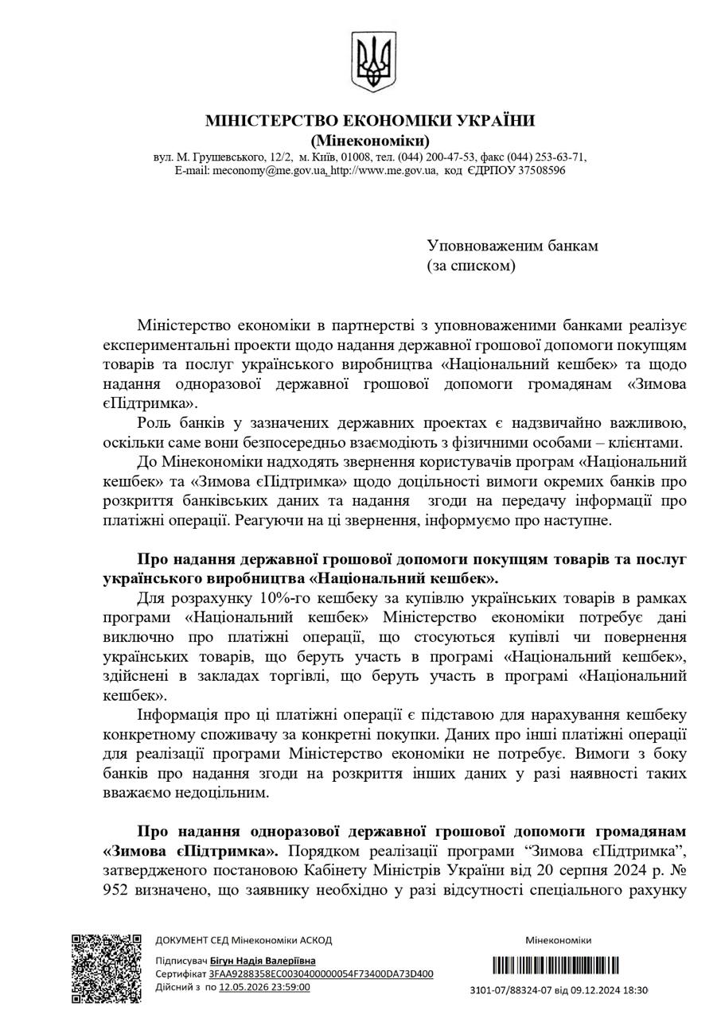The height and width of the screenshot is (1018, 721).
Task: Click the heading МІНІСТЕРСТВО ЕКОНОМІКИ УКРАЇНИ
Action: click(x=370, y=121)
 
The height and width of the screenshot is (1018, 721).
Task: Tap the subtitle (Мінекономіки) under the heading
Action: click(x=370, y=141)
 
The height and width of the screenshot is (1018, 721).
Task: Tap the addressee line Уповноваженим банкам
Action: click(x=512, y=246)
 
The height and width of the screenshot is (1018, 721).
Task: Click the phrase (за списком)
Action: click(x=471, y=266)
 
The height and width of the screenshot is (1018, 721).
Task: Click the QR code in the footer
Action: click(x=107, y=968)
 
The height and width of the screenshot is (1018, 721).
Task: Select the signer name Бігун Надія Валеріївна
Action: click(x=263, y=962)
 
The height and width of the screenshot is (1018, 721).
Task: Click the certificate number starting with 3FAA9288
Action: click(x=322, y=974)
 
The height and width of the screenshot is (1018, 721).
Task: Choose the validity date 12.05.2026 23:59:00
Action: click(x=264, y=987)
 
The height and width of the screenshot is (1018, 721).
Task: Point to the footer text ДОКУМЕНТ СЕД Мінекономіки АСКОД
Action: click(x=244, y=940)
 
